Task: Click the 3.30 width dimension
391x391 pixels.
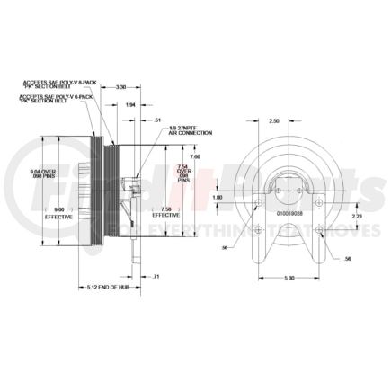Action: [x=120, y=86]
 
